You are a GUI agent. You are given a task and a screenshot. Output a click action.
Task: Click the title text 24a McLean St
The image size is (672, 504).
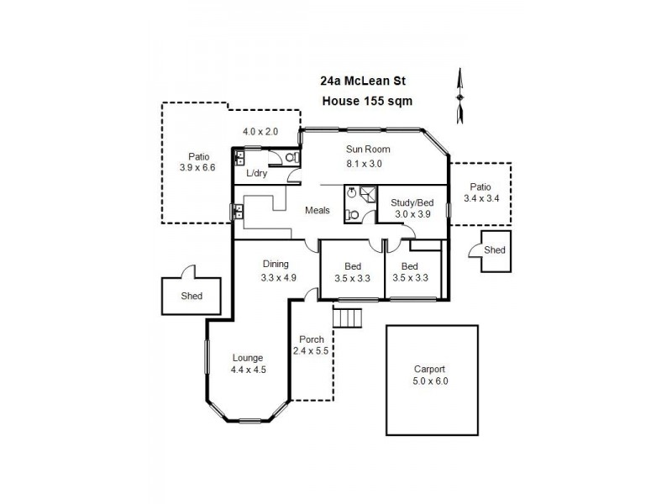coord(364,82)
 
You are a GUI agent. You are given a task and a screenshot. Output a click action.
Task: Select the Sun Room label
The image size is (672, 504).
coord(369,150)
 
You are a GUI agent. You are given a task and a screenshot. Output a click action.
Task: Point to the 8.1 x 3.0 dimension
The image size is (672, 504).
coord(364,164)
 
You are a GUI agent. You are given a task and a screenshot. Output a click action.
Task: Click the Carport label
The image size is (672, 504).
coord(429,369)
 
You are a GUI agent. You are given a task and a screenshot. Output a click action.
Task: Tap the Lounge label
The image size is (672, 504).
coord(248,357)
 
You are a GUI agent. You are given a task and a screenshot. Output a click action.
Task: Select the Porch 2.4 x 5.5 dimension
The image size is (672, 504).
coord(310,351)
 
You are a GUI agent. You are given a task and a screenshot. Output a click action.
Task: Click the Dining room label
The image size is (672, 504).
coord(276,263)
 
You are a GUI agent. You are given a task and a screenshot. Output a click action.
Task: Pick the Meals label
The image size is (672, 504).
coord(318,210)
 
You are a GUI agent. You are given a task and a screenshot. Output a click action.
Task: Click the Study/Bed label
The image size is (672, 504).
coord(412,202)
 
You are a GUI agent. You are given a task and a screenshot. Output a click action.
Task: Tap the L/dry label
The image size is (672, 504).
coord(256,173)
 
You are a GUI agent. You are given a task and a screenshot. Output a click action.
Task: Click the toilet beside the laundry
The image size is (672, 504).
coord(291,157)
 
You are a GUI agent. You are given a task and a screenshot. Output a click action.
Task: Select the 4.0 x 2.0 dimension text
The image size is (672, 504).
coord(260,132)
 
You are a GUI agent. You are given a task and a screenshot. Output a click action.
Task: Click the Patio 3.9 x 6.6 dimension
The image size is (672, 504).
coord(197,167)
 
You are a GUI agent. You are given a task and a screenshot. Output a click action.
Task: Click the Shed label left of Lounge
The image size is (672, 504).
coord(192,297)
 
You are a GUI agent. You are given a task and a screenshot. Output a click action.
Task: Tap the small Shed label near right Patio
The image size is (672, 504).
coord(495,250)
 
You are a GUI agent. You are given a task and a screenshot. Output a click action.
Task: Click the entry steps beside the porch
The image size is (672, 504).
coord(347,318)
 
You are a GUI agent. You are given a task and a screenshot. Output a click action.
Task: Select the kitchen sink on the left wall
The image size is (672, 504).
coord(238,212)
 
